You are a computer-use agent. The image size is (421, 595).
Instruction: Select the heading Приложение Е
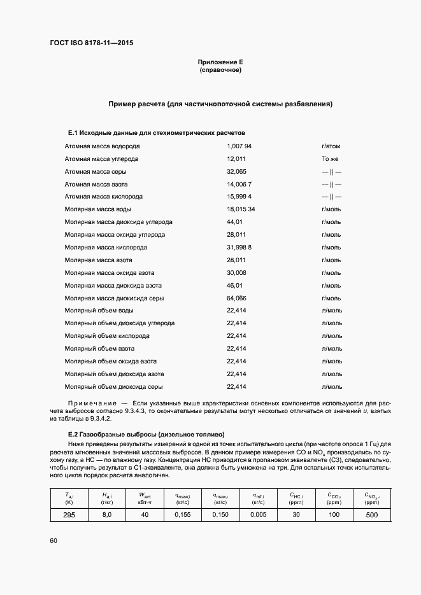click(220, 62)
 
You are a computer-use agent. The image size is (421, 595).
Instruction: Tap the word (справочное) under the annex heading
click(220, 70)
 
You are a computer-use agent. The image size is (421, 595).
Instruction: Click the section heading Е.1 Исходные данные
click(157, 132)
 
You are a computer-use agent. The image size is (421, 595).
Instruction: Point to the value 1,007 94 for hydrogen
click(239, 146)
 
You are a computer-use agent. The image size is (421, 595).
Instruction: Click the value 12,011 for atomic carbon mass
click(236, 159)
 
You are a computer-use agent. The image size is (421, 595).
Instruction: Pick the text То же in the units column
click(331, 159)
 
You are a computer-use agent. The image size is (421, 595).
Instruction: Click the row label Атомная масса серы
click(96, 172)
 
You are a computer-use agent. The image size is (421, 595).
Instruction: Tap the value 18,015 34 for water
click(241, 209)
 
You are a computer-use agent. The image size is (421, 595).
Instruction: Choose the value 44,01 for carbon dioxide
click(235, 222)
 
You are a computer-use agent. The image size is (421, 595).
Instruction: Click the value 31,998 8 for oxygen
click(239, 248)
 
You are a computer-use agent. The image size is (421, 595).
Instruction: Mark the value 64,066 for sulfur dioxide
click(236, 298)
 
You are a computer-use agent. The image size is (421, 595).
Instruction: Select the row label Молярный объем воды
click(99, 311)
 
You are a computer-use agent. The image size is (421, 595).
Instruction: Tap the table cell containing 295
click(69, 515)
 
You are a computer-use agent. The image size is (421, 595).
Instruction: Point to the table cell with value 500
click(372, 515)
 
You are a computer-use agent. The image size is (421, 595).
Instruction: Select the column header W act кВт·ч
click(145, 498)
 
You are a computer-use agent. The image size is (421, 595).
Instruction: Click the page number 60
click(52, 540)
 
